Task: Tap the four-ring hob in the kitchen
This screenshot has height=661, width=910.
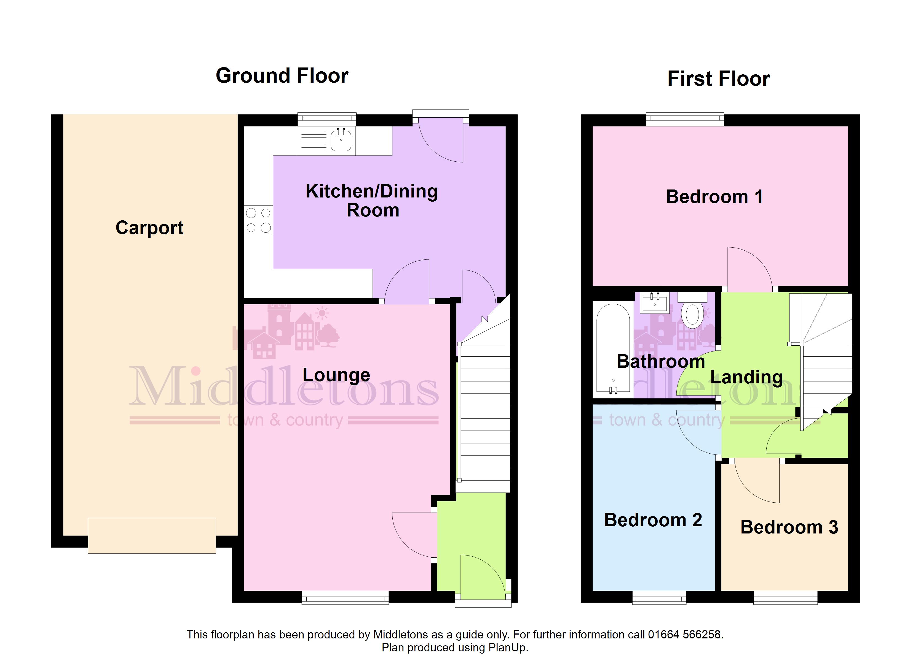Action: (x=258, y=220)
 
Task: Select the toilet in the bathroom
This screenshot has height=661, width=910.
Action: (x=692, y=310)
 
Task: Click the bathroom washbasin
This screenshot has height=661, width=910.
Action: (x=655, y=303)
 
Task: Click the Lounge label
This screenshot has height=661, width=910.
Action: (x=336, y=375)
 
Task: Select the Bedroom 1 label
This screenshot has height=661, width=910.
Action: (x=714, y=197)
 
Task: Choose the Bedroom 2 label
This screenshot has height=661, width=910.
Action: (x=653, y=520)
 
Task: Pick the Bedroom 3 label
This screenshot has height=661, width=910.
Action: (x=789, y=527)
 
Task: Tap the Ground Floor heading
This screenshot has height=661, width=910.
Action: (x=282, y=76)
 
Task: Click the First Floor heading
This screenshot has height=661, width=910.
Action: (x=719, y=78)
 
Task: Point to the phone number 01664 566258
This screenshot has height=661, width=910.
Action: (x=684, y=635)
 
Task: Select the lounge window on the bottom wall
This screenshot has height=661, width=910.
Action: (x=345, y=597)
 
